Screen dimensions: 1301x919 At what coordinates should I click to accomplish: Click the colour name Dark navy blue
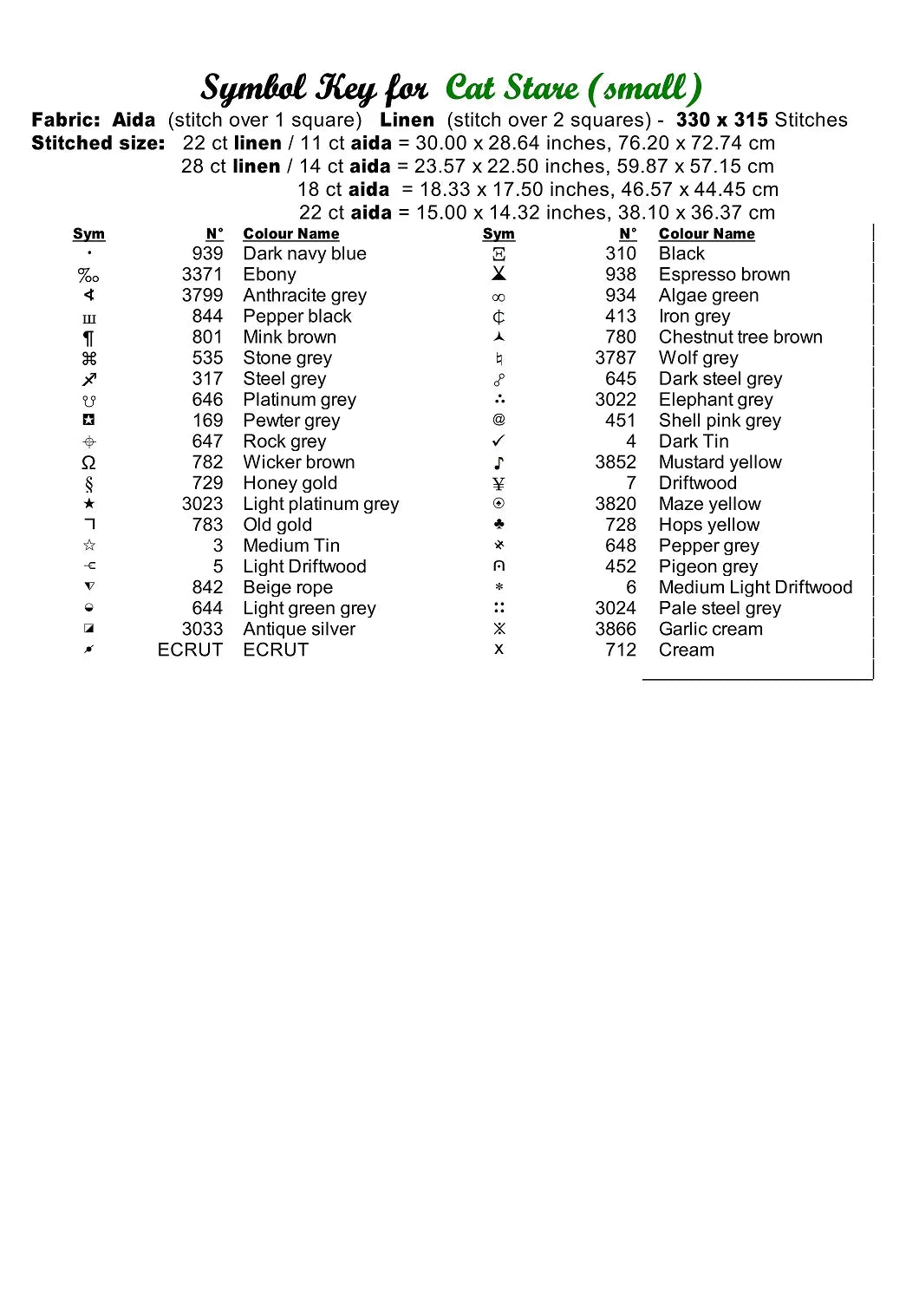tap(304, 254)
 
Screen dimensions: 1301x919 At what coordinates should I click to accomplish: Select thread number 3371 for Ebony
tap(202, 275)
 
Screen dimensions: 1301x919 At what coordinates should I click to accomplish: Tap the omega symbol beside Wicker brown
tap(88, 462)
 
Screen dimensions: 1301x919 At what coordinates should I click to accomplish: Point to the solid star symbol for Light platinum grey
tap(88, 504)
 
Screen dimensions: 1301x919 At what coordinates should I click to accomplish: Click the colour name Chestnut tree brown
tap(740, 337)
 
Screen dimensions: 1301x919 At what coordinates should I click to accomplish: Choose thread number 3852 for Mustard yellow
tap(616, 462)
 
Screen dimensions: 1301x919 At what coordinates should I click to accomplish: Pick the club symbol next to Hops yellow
tap(499, 525)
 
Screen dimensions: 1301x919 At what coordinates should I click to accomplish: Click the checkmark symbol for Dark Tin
tap(499, 441)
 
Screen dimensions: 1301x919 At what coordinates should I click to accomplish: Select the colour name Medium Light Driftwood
tap(755, 587)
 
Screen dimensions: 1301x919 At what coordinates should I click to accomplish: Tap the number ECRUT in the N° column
tap(190, 650)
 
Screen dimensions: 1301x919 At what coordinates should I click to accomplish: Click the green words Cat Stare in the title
tap(512, 88)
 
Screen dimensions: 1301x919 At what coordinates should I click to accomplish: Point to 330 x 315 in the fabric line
tap(721, 121)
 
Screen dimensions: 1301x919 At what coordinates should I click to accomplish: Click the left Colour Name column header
tap(291, 234)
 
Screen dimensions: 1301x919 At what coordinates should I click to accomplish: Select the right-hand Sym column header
tap(499, 234)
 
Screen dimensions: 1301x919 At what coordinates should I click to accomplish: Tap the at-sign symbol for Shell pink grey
tap(499, 420)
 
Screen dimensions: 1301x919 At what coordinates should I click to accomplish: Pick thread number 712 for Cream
tap(621, 650)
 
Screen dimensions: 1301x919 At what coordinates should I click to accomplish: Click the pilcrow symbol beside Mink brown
tap(88, 338)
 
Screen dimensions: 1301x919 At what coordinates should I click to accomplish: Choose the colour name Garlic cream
tap(711, 629)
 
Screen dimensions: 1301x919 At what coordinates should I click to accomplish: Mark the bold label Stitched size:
tap(98, 144)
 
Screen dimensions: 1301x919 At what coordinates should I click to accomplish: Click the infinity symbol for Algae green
tap(499, 297)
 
